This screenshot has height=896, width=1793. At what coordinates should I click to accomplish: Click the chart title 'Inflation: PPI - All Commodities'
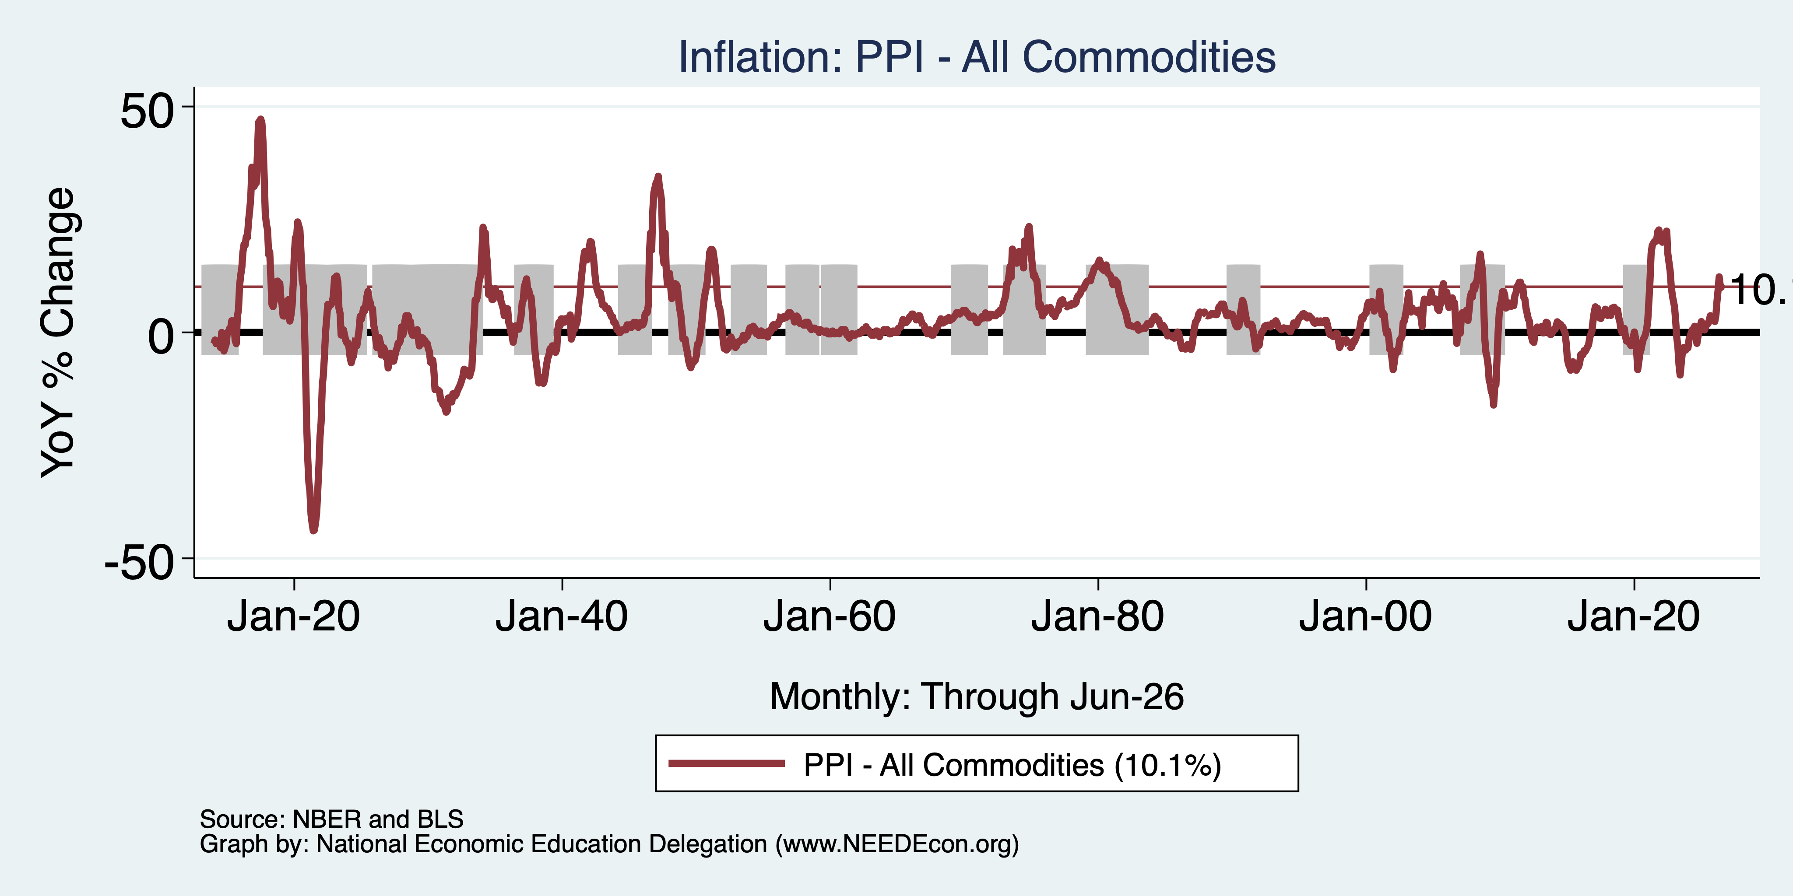(x=977, y=56)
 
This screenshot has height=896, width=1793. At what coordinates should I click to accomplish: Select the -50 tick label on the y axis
(x=139, y=562)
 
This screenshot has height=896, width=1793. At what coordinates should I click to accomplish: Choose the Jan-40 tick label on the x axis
(x=562, y=616)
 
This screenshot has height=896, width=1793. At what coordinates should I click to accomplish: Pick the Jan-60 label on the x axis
(x=830, y=616)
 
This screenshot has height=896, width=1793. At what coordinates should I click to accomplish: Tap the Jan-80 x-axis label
(x=1098, y=616)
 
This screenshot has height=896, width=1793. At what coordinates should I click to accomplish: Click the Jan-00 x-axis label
(x=1366, y=616)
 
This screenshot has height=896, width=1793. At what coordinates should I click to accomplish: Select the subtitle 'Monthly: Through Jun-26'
(x=977, y=696)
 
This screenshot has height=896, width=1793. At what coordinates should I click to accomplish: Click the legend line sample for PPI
(x=727, y=764)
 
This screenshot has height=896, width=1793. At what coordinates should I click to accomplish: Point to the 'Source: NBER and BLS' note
(x=331, y=819)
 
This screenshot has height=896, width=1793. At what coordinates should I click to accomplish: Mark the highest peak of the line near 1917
(x=260, y=119)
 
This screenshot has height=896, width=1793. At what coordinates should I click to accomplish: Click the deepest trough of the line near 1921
(x=313, y=531)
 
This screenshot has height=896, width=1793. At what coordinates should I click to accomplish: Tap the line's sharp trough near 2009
(x=1494, y=405)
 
